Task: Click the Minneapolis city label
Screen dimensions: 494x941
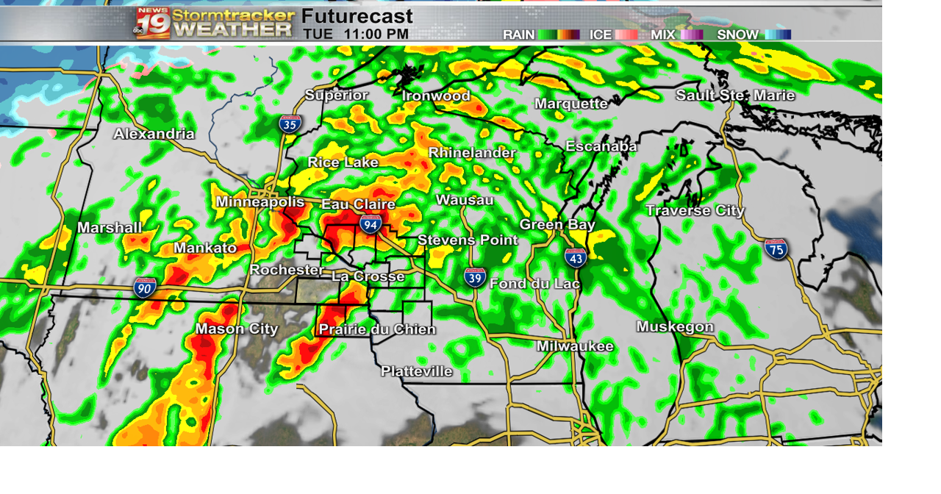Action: click(x=260, y=202)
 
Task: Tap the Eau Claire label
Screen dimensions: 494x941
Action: click(x=358, y=204)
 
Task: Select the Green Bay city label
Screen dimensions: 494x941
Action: click(x=557, y=225)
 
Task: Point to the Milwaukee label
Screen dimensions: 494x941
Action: click(x=575, y=346)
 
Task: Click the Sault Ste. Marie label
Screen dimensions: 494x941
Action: click(x=735, y=96)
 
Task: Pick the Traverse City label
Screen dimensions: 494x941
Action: click(x=695, y=211)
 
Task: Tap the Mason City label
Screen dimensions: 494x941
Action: click(x=237, y=329)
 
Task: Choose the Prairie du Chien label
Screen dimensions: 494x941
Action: click(x=377, y=329)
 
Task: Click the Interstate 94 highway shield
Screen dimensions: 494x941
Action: click(x=371, y=224)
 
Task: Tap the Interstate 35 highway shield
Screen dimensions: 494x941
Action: click(x=290, y=124)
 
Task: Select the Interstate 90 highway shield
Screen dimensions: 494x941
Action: click(x=144, y=287)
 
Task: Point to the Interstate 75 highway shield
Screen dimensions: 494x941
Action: click(x=776, y=249)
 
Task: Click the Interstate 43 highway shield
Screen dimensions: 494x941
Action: click(x=576, y=257)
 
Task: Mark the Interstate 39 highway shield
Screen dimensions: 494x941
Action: click(x=475, y=277)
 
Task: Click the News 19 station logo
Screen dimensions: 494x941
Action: click(x=153, y=23)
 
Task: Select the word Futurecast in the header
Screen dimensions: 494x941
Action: click(x=357, y=16)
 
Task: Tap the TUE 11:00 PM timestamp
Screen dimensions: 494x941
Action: click(x=356, y=34)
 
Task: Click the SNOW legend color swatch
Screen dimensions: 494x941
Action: click(x=777, y=35)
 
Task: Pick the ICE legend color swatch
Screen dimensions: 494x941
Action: click(x=626, y=35)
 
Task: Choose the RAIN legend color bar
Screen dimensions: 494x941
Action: click(x=558, y=35)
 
